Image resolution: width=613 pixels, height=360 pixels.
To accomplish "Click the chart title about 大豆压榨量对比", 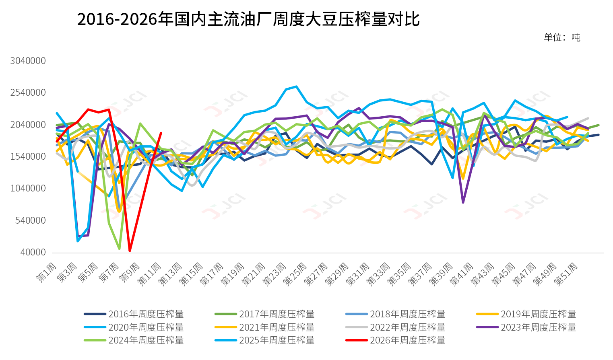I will tap(248, 19).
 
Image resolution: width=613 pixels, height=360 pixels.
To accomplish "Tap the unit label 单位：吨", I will tap(562, 37).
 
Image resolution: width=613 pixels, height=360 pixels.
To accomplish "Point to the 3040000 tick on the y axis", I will tap(28, 61).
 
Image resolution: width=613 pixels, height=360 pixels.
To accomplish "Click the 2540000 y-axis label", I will tap(28, 93).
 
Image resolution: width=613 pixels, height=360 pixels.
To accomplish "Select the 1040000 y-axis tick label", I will tap(28, 188).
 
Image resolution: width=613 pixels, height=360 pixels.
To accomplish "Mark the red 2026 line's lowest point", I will tap(130, 251).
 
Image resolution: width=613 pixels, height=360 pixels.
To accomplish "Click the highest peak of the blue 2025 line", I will tap(296, 86).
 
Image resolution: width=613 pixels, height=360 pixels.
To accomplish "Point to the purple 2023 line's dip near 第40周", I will tap(463, 202).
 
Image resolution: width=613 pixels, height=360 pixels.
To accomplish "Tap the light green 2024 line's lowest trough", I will tap(120, 249).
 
